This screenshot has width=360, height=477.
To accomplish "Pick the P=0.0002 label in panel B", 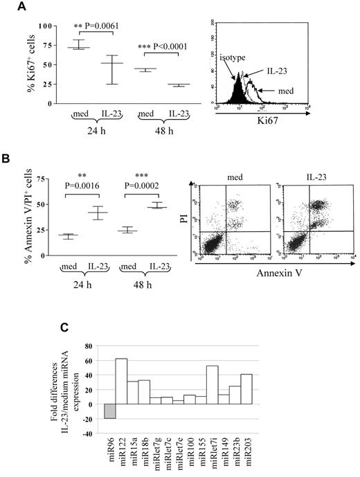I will (x=156, y=197).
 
